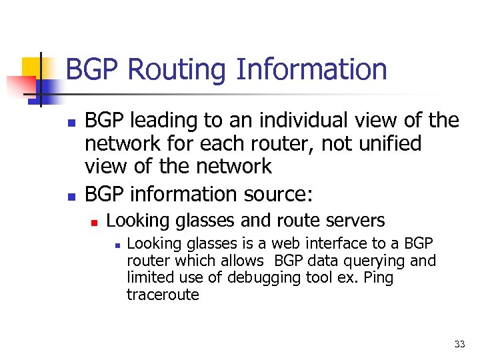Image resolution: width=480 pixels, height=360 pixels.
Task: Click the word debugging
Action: click(263, 278)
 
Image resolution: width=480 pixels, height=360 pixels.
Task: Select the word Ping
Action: click(379, 277)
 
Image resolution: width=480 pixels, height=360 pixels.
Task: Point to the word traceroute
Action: click(163, 295)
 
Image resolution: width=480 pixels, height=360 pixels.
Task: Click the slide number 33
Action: click(459, 344)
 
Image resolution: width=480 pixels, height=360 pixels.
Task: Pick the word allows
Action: click(243, 261)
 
